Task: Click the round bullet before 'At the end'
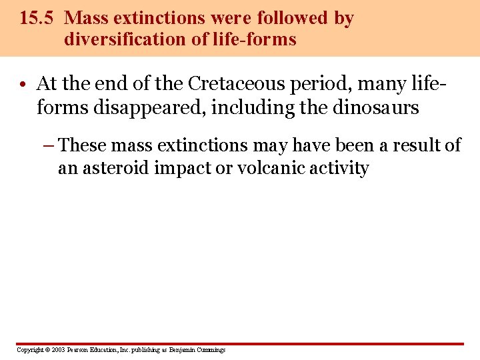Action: [23, 85]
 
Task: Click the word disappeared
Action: [157, 107]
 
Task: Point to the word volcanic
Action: [264, 168]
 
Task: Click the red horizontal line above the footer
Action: [240, 344]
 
